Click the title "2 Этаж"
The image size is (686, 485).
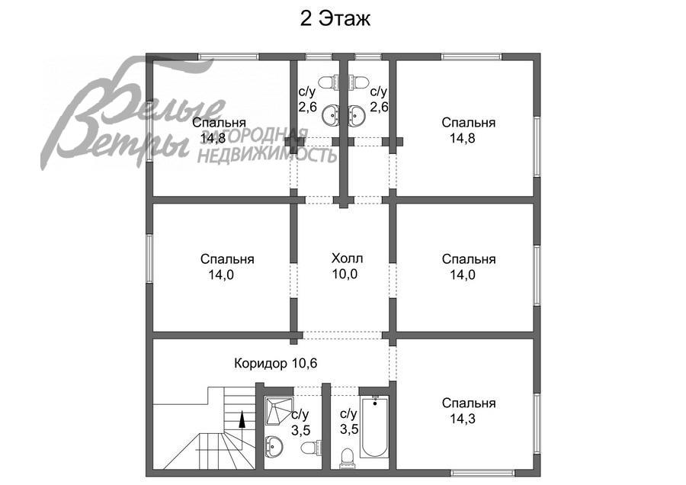(335, 19)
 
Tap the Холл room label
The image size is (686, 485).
(348, 258)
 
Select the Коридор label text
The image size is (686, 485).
(261, 363)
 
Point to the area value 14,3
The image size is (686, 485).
(463, 419)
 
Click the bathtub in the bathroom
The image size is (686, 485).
(374, 427)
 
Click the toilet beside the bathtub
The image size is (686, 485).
(348, 455)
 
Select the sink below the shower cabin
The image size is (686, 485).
(274, 445)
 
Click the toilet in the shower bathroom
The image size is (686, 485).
(309, 448)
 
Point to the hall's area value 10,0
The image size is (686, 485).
(345, 274)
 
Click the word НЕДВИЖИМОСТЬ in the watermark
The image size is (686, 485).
(267, 155)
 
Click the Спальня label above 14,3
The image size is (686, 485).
(469, 403)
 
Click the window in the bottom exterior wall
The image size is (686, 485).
(482, 473)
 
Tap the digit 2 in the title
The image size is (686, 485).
(306, 19)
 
